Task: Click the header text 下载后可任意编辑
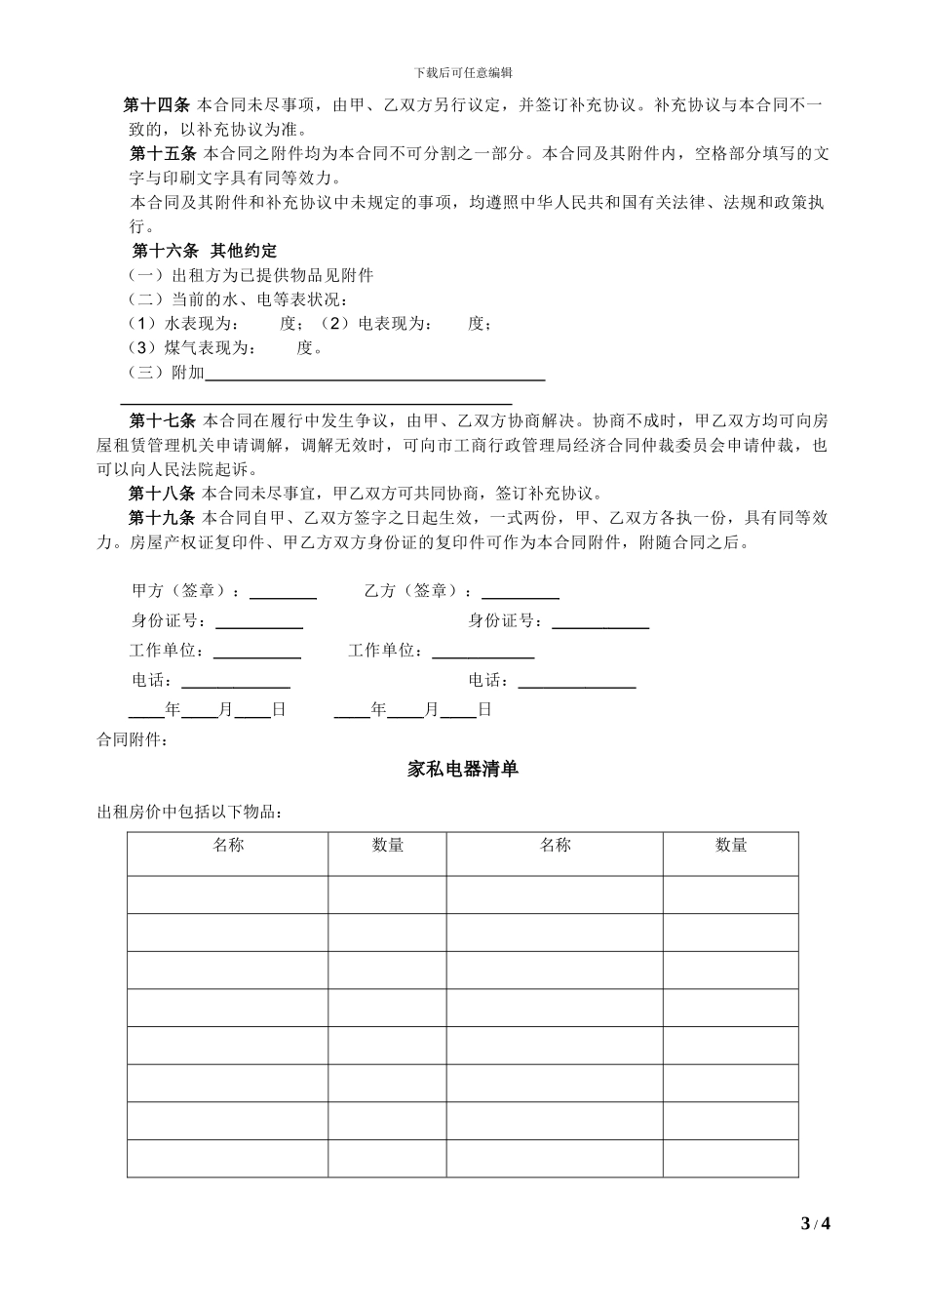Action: tap(463, 72)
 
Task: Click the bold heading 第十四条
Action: tap(156, 104)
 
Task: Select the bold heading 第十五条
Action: tap(163, 154)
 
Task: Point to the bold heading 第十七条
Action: tap(163, 421)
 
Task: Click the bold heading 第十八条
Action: tap(162, 493)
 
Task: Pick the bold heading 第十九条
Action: tap(162, 518)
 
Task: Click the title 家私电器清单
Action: tap(463, 770)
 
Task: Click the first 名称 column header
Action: tap(228, 846)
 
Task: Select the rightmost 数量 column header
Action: tap(730, 846)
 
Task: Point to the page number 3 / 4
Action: tap(815, 1223)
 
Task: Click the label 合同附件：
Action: tap(133, 740)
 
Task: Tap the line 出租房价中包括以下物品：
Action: tap(190, 813)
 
